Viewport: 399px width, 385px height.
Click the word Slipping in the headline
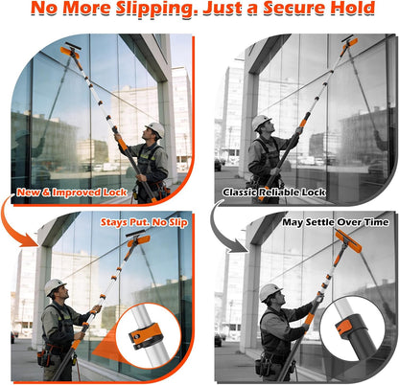pos(158,9)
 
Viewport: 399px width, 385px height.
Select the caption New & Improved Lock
pos(72,192)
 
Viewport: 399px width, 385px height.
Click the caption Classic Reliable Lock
pos(274,192)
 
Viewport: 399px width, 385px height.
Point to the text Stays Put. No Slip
pos(144,222)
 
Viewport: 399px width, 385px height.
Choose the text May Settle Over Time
pos(336,222)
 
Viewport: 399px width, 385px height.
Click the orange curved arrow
pos(16,223)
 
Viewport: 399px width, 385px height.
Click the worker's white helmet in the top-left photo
pos(155,128)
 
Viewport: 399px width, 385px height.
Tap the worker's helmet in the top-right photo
pos(261,122)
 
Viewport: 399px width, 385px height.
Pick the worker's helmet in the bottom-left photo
pos(55,286)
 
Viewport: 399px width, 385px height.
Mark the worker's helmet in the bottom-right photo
pos(270,291)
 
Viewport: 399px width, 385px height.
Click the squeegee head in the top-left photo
pos(70,50)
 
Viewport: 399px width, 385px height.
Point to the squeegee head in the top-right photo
pos(349,41)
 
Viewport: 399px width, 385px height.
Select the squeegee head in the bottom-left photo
pos(138,238)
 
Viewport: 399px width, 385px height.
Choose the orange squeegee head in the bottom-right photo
pos(348,241)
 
